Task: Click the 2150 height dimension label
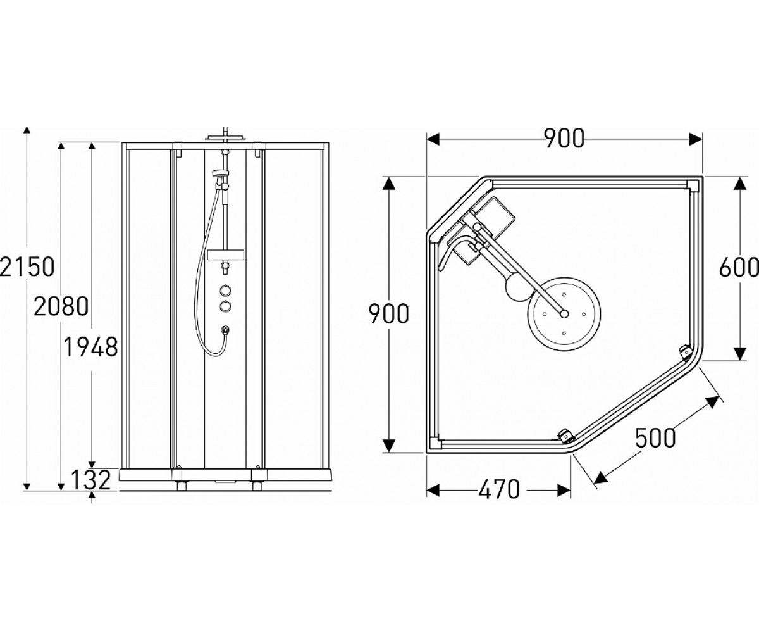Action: coord(27,266)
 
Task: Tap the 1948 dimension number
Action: coord(91,346)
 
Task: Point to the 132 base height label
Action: coord(90,480)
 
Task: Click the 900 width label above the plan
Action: coord(564,138)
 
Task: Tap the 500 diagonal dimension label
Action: coord(655,437)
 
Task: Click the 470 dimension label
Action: coord(498,489)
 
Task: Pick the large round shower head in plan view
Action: coord(564,313)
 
